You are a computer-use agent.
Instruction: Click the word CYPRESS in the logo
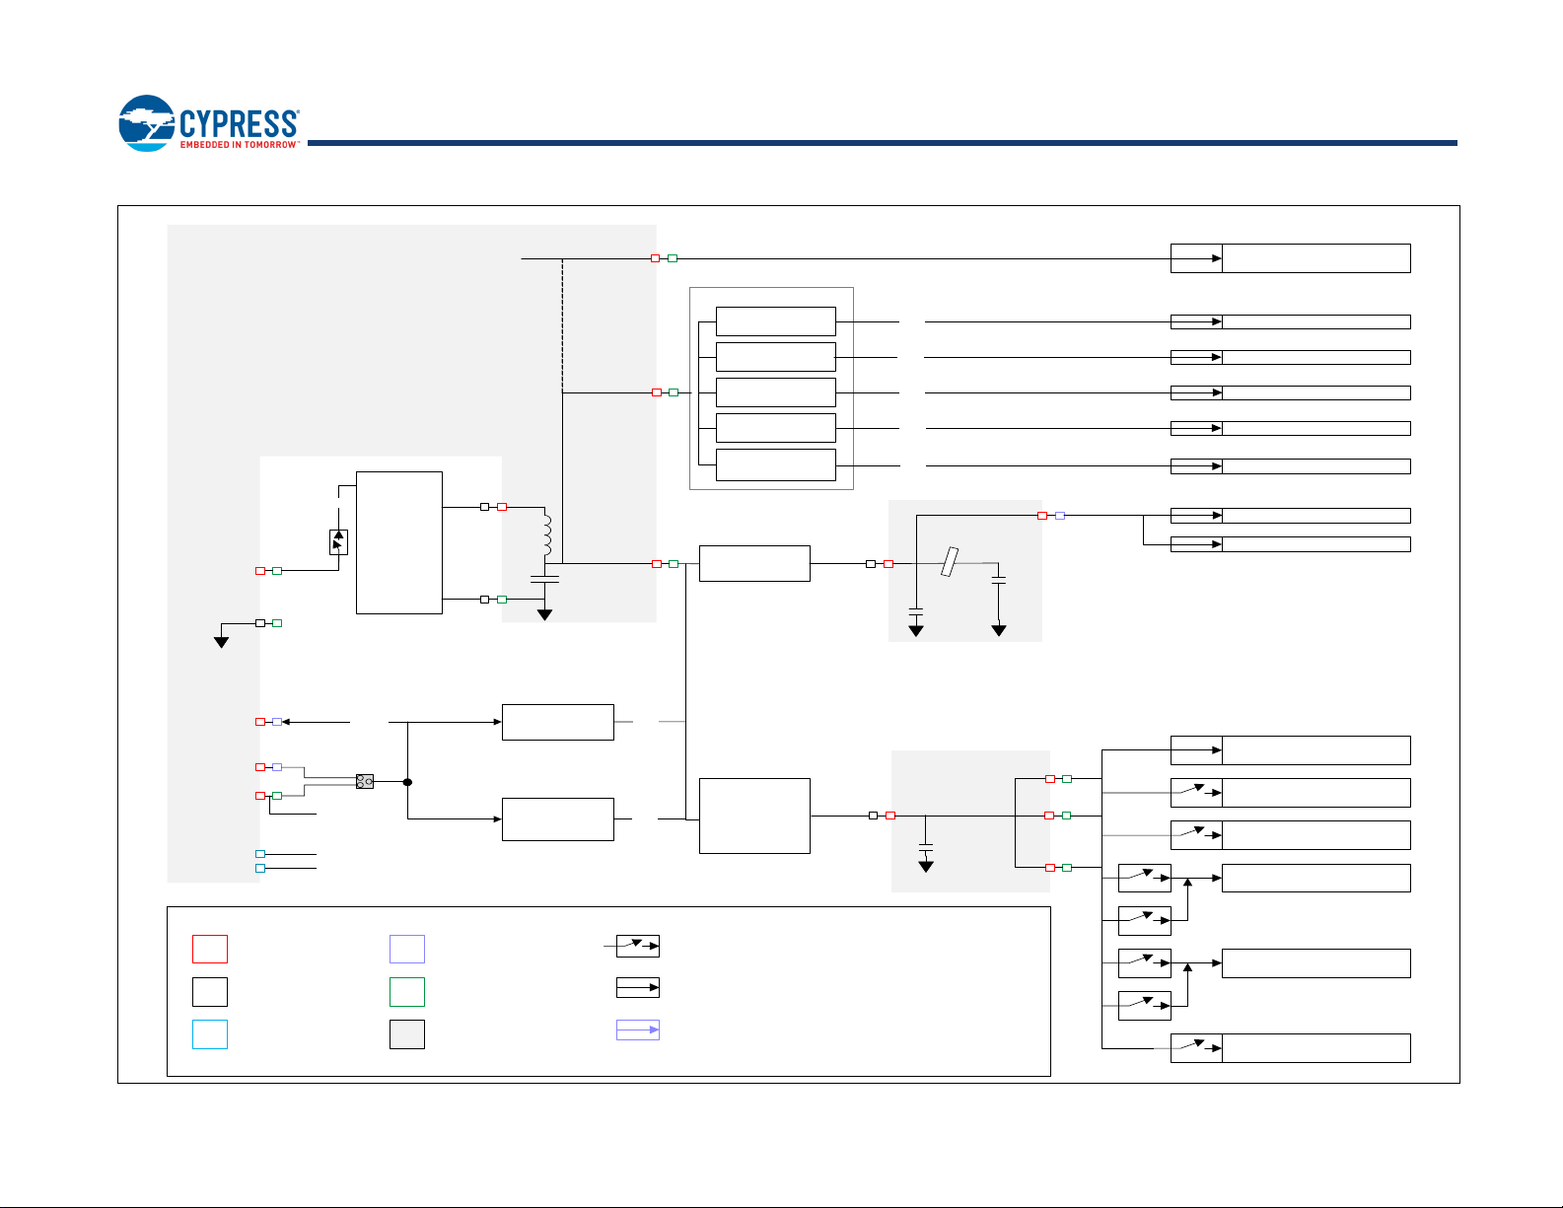239,123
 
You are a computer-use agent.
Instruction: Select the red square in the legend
210,949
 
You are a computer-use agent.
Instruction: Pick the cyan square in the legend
210,1034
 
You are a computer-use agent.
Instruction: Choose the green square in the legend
407,992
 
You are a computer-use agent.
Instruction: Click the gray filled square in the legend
407,1034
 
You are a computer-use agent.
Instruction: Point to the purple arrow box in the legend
638,1030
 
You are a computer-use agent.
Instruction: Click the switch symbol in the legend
638,947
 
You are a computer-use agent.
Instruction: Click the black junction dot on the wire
407,782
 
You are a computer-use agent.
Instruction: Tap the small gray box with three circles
365,782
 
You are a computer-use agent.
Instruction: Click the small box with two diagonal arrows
338,542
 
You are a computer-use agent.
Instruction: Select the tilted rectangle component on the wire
949,562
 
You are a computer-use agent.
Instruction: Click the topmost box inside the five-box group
776,321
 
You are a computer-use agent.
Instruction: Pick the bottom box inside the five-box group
776,464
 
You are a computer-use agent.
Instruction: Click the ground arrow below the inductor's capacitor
544,614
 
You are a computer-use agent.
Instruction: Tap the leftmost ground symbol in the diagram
222,642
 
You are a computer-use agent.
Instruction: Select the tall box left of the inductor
399,542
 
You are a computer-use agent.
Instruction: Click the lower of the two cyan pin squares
260,869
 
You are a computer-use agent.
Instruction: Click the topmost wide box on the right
1315,258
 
